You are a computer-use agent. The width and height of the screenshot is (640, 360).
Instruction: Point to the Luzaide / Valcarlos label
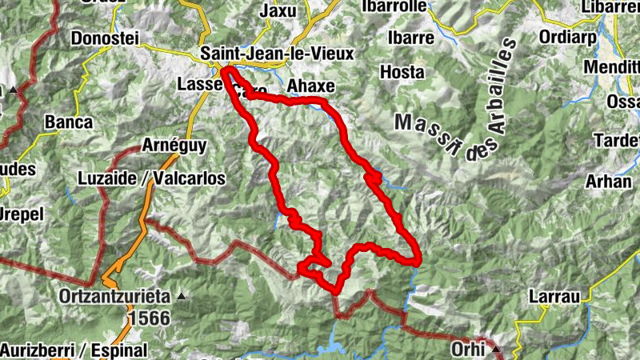point(151,178)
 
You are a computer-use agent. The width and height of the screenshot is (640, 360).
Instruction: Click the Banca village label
point(69,122)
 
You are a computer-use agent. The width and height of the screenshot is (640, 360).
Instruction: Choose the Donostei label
point(106,38)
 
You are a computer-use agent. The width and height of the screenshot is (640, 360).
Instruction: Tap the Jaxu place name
point(278,11)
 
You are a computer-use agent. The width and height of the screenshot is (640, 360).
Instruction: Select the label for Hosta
point(402,71)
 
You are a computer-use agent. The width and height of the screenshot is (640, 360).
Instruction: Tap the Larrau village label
point(554,297)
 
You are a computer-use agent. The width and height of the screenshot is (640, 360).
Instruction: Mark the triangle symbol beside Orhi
point(496,350)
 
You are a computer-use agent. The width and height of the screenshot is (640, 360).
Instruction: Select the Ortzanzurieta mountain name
point(114,296)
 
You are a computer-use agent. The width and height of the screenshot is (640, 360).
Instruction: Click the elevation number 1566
point(148,318)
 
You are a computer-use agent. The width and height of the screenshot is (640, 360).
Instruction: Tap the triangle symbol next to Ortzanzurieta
point(181,297)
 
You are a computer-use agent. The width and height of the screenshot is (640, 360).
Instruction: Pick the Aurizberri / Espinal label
point(74,350)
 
